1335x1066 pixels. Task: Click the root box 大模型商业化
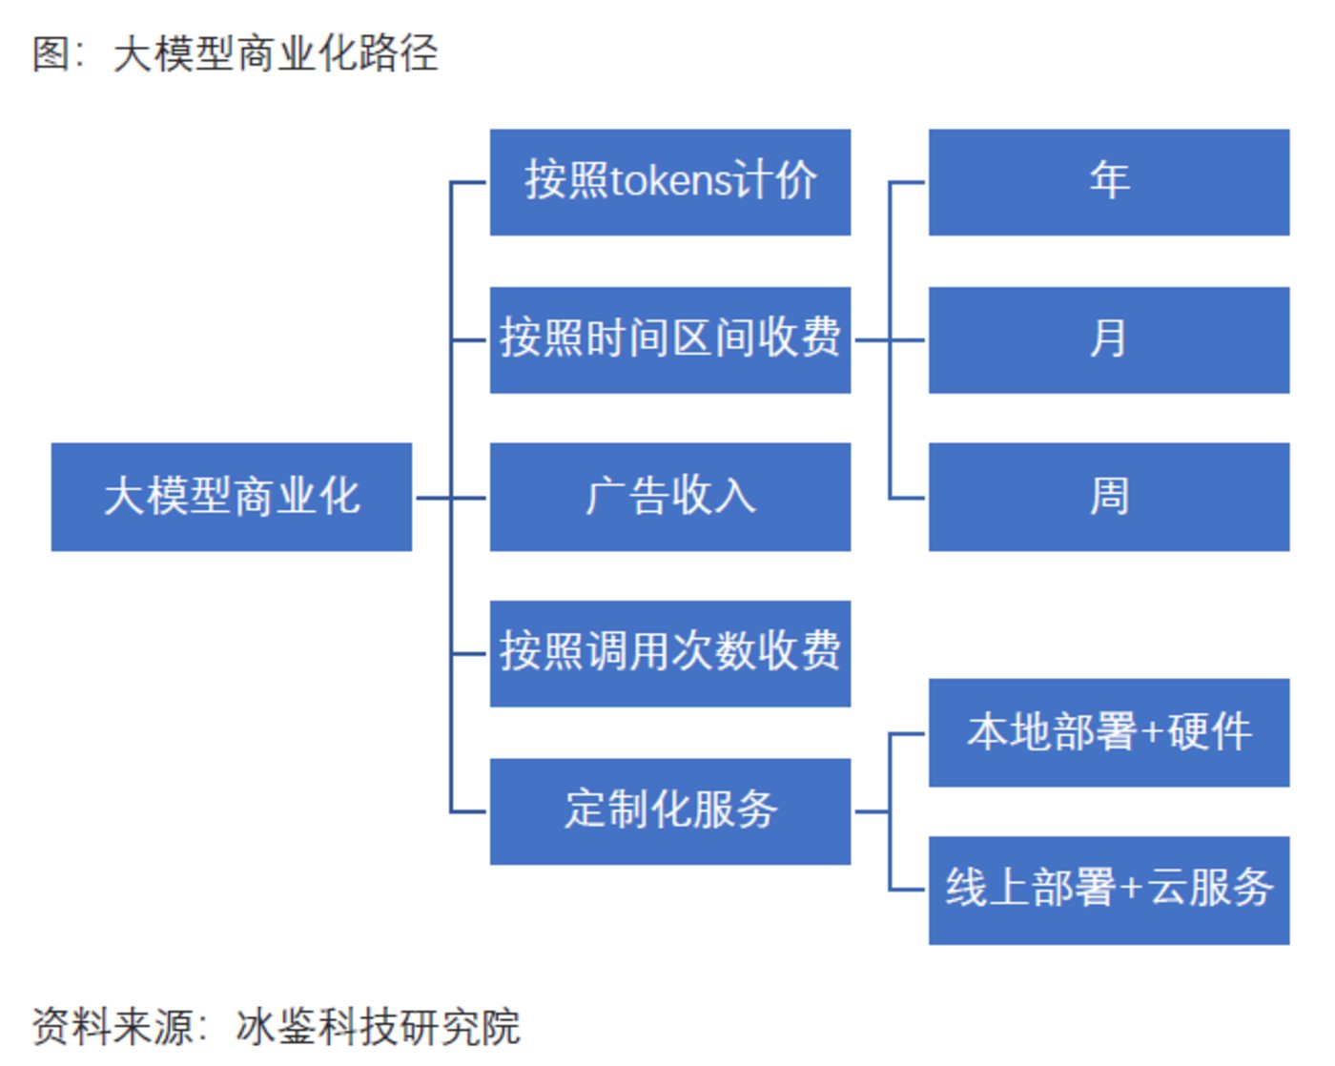coord(231,497)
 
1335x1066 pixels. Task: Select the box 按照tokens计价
coord(669,182)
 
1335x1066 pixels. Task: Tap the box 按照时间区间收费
coord(669,339)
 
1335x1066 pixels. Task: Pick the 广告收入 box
coord(669,497)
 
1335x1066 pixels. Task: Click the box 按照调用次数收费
coord(669,653)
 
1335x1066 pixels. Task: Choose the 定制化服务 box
coord(669,811)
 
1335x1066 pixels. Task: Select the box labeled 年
coord(1108,182)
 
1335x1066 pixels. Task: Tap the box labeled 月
coord(1108,339)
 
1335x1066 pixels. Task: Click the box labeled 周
coord(1108,497)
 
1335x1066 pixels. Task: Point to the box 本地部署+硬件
coord(1108,732)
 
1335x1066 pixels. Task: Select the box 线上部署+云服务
coord(1108,890)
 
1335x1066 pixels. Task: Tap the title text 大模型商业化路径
coord(276,53)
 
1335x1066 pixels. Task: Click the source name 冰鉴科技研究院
coord(378,1027)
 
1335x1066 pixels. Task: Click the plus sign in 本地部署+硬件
coord(1152,732)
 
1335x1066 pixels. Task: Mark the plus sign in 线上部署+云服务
coord(1131,890)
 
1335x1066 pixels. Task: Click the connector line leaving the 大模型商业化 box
coord(433,497)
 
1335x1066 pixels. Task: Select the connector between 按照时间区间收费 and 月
coord(889,339)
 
